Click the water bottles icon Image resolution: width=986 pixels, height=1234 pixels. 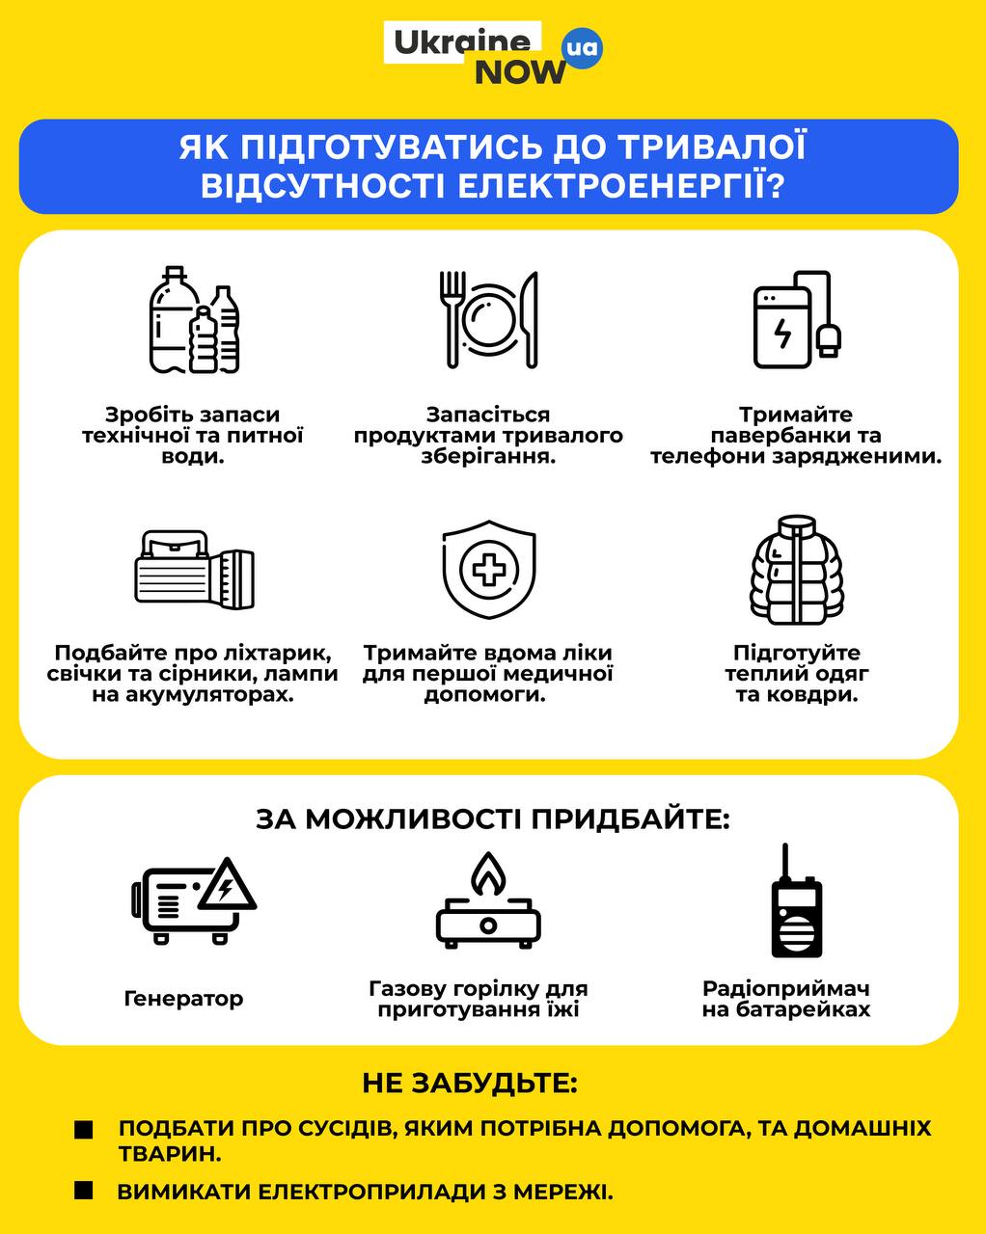194,320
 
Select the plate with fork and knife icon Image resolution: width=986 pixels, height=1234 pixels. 490,319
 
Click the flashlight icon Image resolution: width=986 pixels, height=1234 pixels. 193,570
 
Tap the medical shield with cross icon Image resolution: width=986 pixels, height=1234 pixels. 488,570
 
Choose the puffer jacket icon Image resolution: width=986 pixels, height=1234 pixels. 796,570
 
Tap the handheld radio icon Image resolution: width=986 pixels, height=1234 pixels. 796,902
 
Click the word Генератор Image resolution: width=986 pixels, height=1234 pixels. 183,999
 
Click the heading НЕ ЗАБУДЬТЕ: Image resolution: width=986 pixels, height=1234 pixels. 470,1083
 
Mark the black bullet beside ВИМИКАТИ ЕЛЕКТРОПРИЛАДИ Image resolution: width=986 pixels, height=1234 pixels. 84,1192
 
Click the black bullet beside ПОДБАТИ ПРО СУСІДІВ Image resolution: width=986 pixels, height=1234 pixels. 84,1130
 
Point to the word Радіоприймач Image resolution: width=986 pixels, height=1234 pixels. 786,988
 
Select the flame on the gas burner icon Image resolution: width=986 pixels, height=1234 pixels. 487,873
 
